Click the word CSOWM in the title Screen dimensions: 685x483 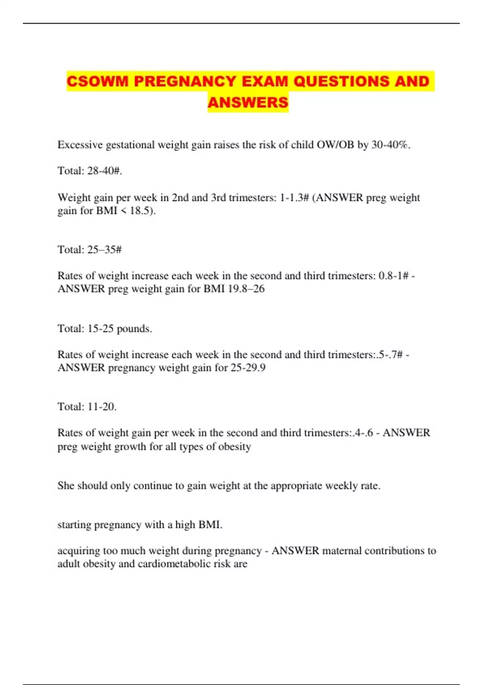[x=98, y=81]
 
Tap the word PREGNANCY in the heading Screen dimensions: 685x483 [x=185, y=81]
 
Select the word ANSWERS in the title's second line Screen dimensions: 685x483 [x=248, y=102]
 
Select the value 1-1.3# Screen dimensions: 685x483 [x=294, y=197]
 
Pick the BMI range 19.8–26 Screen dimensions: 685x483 [x=246, y=289]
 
